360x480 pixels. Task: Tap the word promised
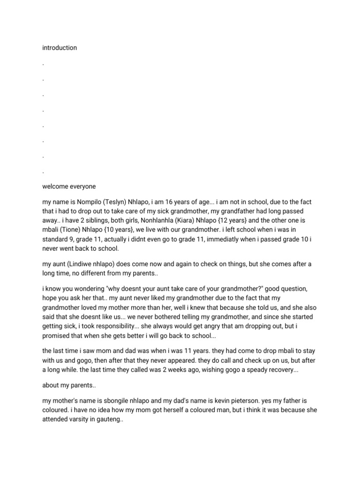(58, 337)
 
